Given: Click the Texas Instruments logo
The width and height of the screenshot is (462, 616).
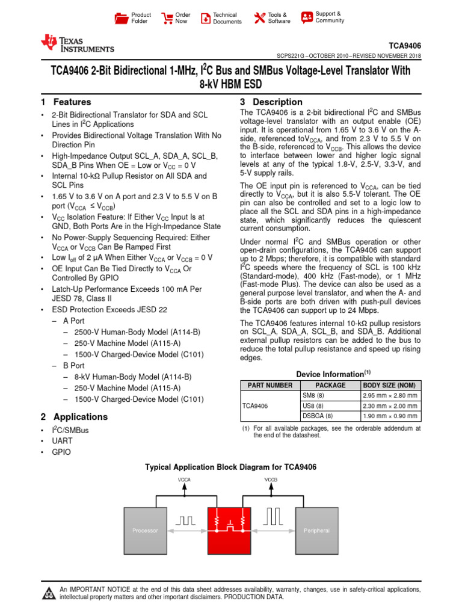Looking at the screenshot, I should (x=76, y=43).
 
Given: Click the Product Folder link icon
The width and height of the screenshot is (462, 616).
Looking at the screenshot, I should (x=122, y=18).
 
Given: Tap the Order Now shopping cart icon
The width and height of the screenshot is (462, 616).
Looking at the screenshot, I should (x=167, y=18).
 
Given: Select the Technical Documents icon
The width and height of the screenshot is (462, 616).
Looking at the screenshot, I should (x=205, y=18).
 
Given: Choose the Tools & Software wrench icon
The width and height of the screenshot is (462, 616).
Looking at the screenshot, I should (x=259, y=18).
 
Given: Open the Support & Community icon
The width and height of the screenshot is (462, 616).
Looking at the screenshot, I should (x=307, y=17).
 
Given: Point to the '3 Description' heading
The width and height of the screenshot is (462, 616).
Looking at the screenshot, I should (x=271, y=102).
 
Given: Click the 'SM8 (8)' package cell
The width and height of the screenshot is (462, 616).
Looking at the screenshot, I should (x=313, y=395).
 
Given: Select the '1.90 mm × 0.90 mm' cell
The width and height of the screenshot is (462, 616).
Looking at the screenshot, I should (x=390, y=415).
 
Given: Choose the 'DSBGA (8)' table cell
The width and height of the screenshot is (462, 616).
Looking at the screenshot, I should (x=318, y=415).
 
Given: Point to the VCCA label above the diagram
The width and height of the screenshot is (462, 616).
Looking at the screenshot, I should (x=185, y=479).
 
